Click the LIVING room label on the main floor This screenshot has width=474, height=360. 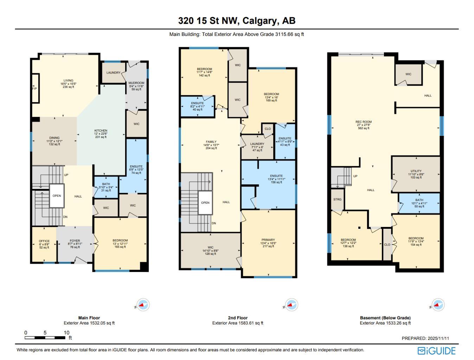(x=68, y=81)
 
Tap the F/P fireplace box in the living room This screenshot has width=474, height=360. (x=35, y=88)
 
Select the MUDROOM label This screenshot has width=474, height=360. (x=136, y=83)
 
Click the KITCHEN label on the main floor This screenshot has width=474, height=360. (x=101, y=131)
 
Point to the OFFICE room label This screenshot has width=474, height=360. (x=44, y=241)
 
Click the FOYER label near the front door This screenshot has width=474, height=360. (x=75, y=241)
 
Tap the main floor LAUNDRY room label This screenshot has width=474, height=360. (x=113, y=73)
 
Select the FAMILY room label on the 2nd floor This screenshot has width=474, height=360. (x=211, y=142)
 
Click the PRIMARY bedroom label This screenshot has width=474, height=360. (x=268, y=240)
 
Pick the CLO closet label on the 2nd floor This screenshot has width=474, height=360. (x=268, y=129)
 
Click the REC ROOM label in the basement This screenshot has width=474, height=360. (x=363, y=122)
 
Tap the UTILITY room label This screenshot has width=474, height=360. (x=416, y=171)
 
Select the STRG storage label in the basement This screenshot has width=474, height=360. (x=337, y=200)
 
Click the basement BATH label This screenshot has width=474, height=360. (x=419, y=200)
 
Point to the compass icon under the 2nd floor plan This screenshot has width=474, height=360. (x=291, y=305)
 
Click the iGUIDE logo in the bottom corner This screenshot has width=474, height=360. (x=436, y=350)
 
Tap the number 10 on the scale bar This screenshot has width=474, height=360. (x=66, y=333)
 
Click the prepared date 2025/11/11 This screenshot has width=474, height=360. (x=438, y=338)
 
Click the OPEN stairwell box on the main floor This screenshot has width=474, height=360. (x=57, y=196)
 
